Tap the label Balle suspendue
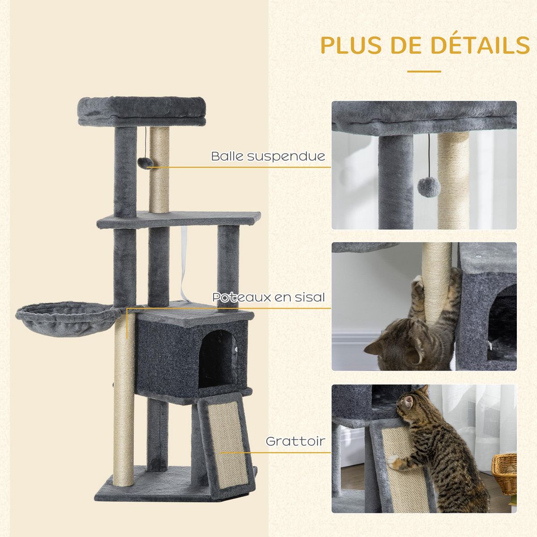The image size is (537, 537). pyautogui.click(x=268, y=156)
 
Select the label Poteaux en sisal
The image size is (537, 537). pyautogui.click(x=268, y=297)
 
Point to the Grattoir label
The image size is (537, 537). pyautogui.click(x=295, y=441)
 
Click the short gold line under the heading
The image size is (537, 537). pyautogui.click(x=424, y=71)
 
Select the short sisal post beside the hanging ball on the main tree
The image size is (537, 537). pyautogui.click(x=160, y=170)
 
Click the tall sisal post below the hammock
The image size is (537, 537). pyautogui.click(x=124, y=398)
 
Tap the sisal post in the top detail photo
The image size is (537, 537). pyautogui.click(x=453, y=179)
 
